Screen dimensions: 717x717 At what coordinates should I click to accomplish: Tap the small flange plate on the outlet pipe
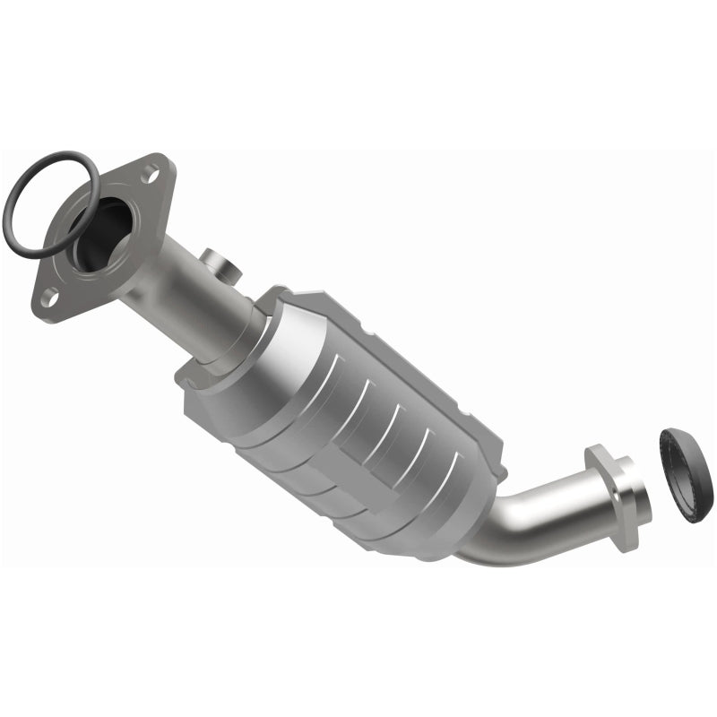coord(609,488)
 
